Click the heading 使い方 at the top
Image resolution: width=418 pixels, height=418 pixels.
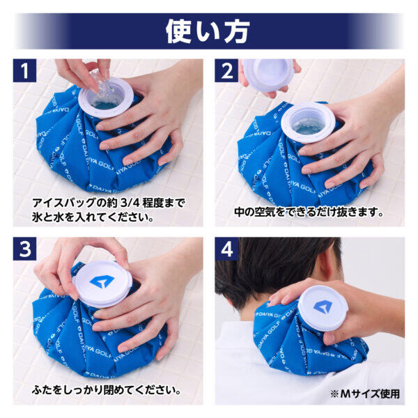pyautogui.click(x=208, y=32)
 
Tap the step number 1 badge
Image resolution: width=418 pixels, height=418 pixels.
pyautogui.click(x=25, y=70)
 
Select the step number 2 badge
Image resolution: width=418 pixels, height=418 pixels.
pyautogui.click(x=226, y=70)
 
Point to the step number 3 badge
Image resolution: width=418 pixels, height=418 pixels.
pyautogui.click(x=25, y=249)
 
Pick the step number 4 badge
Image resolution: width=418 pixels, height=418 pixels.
pyautogui.click(x=226, y=249)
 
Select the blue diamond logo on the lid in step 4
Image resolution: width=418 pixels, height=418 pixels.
pyautogui.click(x=323, y=307)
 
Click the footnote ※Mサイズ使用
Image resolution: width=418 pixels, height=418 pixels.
pyautogui.click(x=364, y=394)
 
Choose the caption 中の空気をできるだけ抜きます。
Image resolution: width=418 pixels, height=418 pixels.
pyautogui.click(x=309, y=212)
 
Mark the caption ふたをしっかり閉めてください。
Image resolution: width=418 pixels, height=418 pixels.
pyautogui.click(x=107, y=390)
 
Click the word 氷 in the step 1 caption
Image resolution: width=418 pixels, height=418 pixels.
pyautogui.click(x=37, y=217)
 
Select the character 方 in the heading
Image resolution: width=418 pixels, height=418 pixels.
pyautogui.click(x=237, y=32)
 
